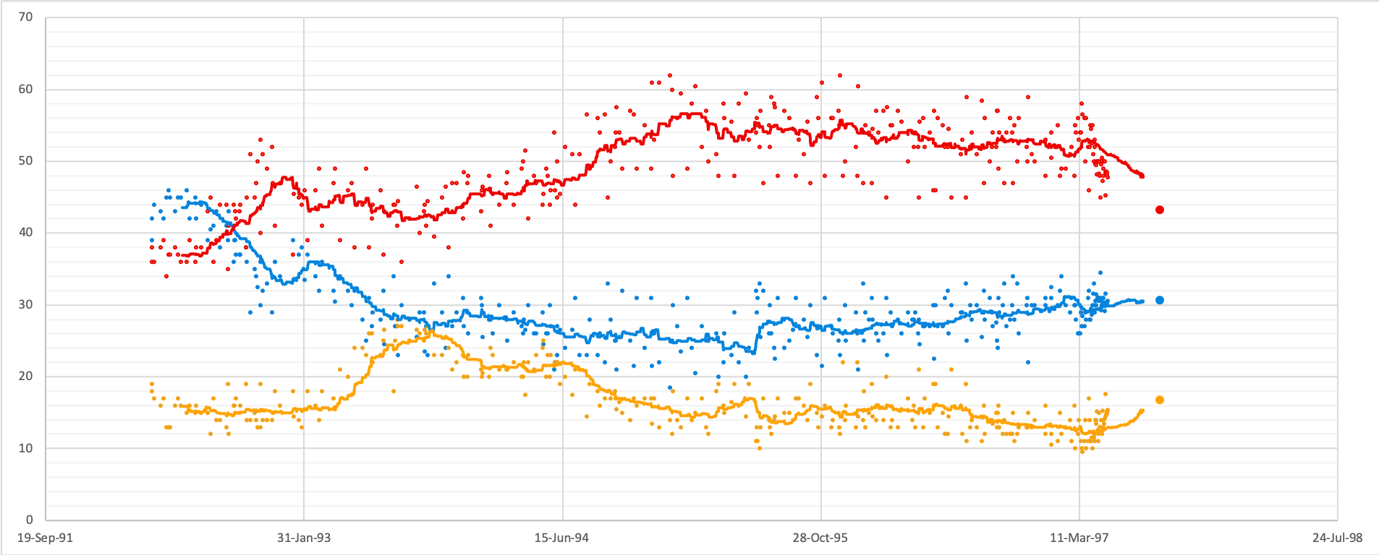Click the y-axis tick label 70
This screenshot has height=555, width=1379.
[26, 17]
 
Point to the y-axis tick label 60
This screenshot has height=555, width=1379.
[26, 89]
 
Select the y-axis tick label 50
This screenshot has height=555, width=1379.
[26, 160]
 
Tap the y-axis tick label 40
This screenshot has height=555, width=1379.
[26, 232]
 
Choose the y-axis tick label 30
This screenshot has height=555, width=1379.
[26, 304]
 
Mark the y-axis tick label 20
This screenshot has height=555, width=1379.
[26, 376]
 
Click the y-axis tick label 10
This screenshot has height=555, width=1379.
[26, 448]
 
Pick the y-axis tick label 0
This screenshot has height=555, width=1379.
[30, 520]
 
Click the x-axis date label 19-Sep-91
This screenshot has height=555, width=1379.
[45, 538]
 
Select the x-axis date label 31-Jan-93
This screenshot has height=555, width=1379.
[304, 538]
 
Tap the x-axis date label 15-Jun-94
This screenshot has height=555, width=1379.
[561, 538]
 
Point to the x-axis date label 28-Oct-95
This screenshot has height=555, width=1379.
[820, 538]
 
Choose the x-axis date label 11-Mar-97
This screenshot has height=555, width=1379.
[1079, 538]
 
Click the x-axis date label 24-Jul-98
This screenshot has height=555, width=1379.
[1337, 538]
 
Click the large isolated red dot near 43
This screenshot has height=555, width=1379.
[1160, 210]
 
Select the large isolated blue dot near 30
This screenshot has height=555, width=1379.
[1160, 300]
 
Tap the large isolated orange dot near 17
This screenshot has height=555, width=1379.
[1160, 400]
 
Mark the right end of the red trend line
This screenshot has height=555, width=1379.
[1142, 176]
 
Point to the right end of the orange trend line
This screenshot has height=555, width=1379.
[1142, 410]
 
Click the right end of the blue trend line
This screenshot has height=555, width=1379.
[1142, 301]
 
